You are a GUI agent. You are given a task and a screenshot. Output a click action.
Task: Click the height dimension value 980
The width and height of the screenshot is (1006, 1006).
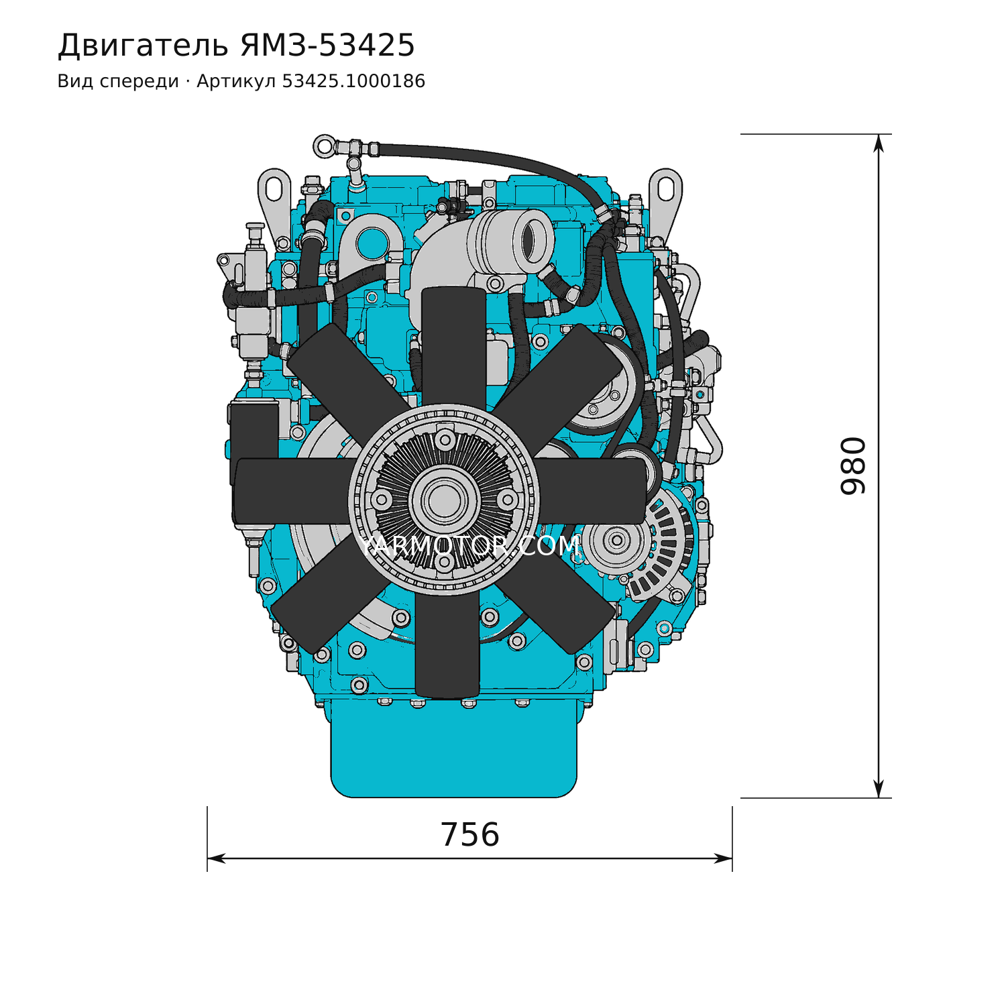coord(853,466)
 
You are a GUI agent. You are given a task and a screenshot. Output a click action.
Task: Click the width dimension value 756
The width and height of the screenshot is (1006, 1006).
coord(470,835)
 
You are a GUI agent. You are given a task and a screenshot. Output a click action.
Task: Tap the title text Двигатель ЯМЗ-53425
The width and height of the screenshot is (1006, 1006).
coord(236,46)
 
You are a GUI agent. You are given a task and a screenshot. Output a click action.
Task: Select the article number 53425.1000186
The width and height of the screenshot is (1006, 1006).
coord(353,81)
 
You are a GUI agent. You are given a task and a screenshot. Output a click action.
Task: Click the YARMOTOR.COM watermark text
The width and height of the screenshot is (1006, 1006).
coord(467,546)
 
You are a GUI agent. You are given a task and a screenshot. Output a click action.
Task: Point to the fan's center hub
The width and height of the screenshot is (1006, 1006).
coord(444,500)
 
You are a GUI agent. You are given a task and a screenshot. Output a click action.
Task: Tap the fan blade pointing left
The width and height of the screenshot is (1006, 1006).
coord(292,491)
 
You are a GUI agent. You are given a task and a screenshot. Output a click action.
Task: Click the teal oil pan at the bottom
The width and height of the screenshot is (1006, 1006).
coord(454,748)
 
